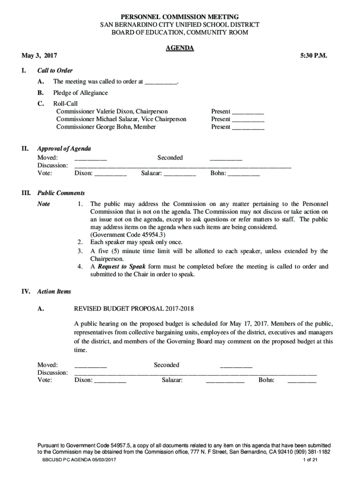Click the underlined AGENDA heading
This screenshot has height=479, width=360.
click(x=180, y=48)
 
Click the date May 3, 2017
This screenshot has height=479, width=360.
click(x=40, y=56)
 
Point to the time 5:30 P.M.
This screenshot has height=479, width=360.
click(x=314, y=56)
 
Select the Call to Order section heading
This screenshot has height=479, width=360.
click(x=55, y=71)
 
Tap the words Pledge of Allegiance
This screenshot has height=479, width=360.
click(x=80, y=93)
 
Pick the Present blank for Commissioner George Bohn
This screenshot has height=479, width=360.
click(x=248, y=127)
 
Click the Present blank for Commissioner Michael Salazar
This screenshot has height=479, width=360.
click(x=248, y=119)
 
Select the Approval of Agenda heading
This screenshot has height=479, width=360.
click(x=64, y=149)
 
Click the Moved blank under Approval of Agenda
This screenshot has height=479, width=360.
click(x=91, y=158)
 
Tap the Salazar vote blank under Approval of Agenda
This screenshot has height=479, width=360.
click(x=180, y=174)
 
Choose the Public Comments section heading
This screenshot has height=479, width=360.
click(x=61, y=193)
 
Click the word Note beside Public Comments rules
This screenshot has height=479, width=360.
click(x=44, y=204)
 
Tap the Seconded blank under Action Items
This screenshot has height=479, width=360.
click(x=236, y=365)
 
